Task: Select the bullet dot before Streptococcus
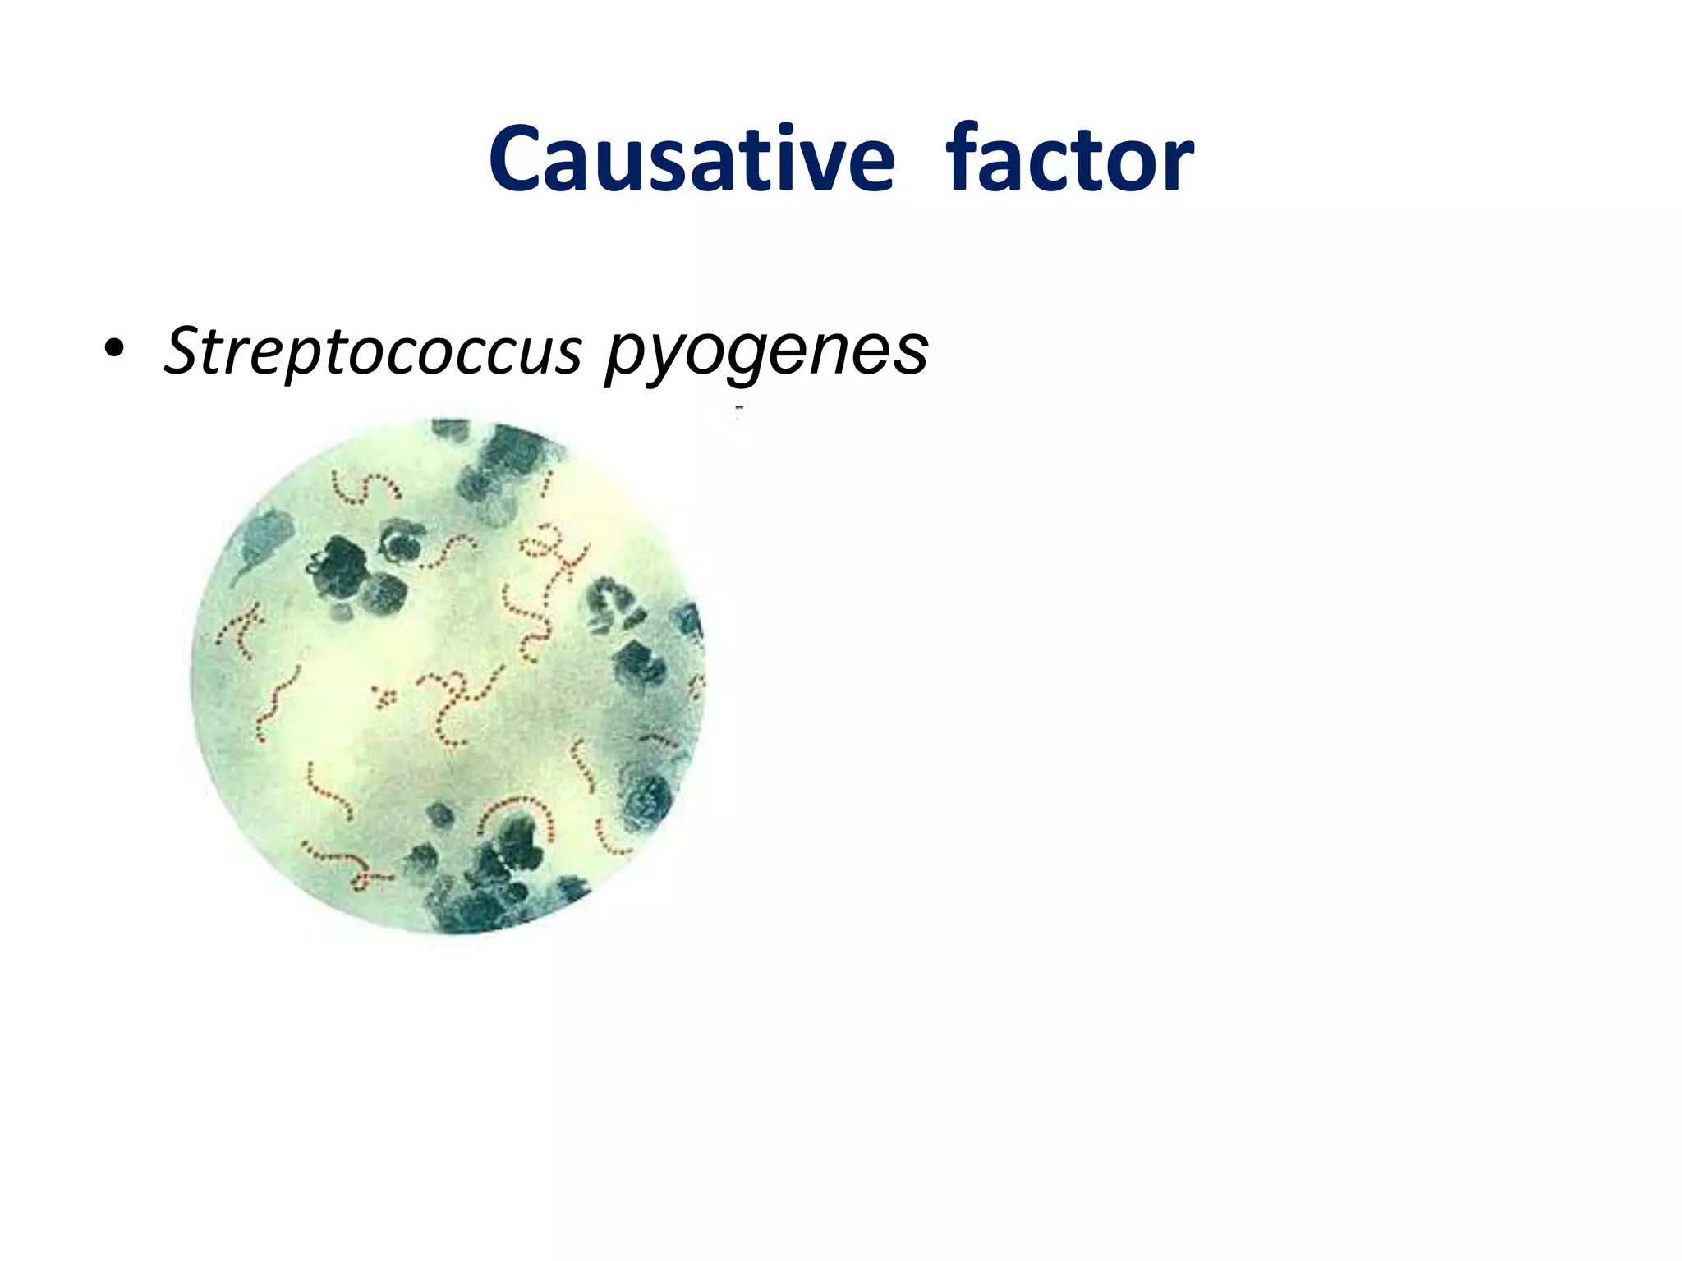pos(114,351)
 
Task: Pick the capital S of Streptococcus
pos(186,351)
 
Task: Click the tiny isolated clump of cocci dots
pos(384,697)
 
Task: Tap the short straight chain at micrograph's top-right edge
pos(545,484)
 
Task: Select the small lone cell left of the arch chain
pos(440,814)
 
